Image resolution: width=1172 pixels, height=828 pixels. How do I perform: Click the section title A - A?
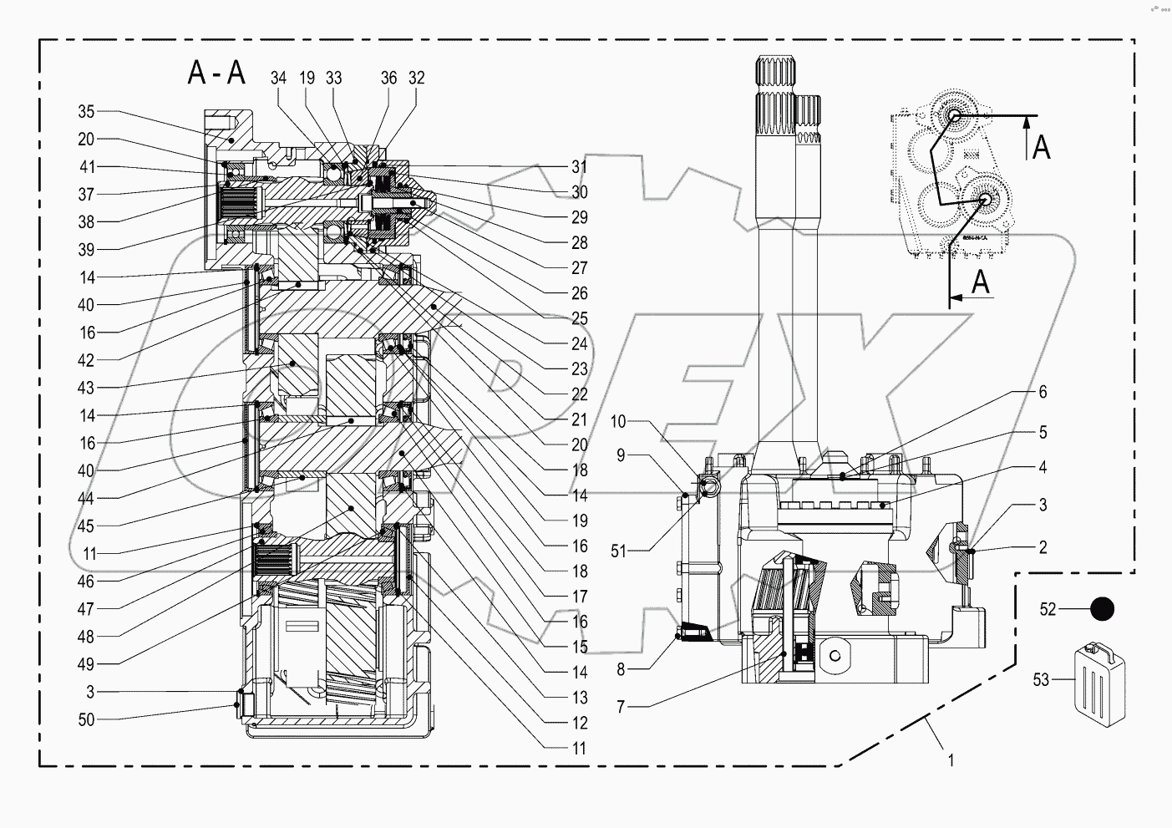click(216, 74)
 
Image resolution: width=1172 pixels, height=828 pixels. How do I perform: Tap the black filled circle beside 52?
click(1103, 610)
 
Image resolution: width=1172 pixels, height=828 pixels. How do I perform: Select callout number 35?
click(86, 112)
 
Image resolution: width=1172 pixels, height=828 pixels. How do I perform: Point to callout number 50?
click(86, 719)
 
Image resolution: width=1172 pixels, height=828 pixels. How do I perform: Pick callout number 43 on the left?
click(86, 388)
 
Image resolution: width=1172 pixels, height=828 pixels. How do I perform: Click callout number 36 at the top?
click(388, 78)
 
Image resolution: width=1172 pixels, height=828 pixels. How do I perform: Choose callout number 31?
click(579, 166)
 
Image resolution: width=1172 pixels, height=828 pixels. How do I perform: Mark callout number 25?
click(579, 318)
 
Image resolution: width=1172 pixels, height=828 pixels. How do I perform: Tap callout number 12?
click(579, 723)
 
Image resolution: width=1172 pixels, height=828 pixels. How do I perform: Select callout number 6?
click(1042, 392)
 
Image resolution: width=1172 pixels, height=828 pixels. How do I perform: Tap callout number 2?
click(1042, 547)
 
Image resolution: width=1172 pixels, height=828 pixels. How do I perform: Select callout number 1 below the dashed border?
click(950, 760)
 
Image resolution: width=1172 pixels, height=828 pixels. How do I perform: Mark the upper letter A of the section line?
click(1041, 148)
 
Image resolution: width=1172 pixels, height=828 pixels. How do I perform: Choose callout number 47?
click(86, 609)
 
